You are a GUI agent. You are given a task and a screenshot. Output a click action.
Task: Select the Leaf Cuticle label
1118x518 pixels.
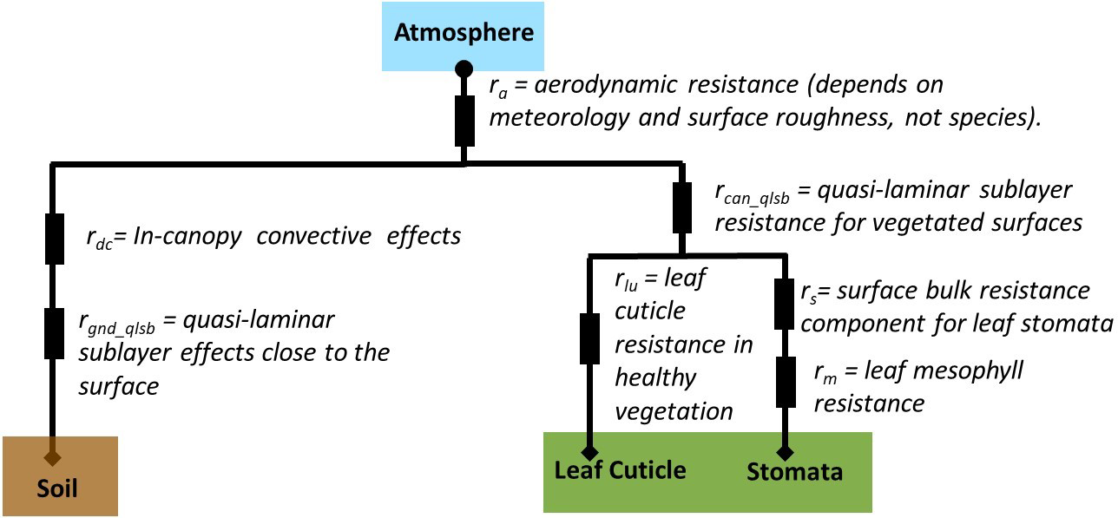(x=620, y=470)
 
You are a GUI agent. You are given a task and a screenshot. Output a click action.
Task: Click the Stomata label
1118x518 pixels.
(x=794, y=472)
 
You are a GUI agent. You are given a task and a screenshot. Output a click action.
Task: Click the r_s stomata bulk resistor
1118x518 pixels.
(x=785, y=303)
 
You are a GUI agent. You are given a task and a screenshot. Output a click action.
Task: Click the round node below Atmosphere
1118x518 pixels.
(x=464, y=68)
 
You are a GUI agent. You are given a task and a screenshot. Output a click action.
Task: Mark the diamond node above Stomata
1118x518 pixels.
(x=785, y=452)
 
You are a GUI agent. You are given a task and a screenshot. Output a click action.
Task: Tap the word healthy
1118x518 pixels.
(x=655, y=378)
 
